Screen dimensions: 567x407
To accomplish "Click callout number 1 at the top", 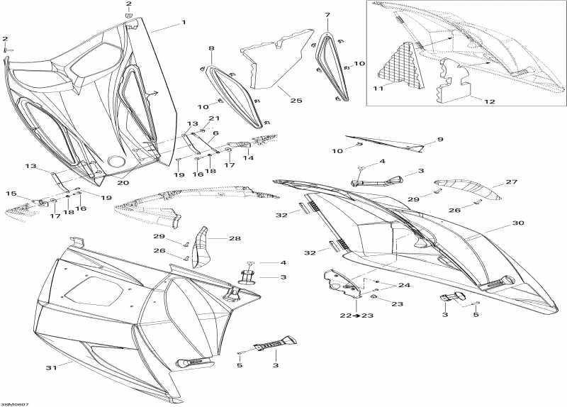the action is pyautogui.click(x=184, y=23).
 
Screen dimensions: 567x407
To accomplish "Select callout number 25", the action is pyautogui.click(x=296, y=101).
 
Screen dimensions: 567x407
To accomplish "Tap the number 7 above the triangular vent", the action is pyautogui.click(x=327, y=15).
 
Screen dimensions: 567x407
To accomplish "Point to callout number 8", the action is pyautogui.click(x=211, y=48).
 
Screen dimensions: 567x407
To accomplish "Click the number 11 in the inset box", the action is pyautogui.click(x=378, y=88).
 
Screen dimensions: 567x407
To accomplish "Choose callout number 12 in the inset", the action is pyautogui.click(x=489, y=101).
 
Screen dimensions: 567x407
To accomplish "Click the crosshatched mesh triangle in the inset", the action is pyautogui.click(x=400, y=65).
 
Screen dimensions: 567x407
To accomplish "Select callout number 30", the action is pyautogui.click(x=518, y=223).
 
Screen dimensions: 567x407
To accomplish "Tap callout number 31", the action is pyautogui.click(x=51, y=368).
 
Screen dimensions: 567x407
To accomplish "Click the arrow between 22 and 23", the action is pyautogui.click(x=357, y=316).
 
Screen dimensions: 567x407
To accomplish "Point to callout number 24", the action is pyautogui.click(x=404, y=286).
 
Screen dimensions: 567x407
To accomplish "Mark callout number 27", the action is pyautogui.click(x=512, y=182).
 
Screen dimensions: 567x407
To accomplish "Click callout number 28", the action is pyautogui.click(x=235, y=238).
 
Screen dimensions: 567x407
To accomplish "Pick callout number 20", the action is pyautogui.click(x=123, y=183).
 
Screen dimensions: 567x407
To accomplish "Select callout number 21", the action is pyautogui.click(x=214, y=118).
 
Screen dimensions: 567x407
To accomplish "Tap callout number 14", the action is pyautogui.click(x=248, y=157).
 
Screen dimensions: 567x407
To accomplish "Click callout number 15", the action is pyautogui.click(x=11, y=194).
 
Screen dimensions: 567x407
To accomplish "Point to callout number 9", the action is pyautogui.click(x=440, y=140).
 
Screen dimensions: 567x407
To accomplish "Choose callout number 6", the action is pyautogui.click(x=216, y=133).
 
